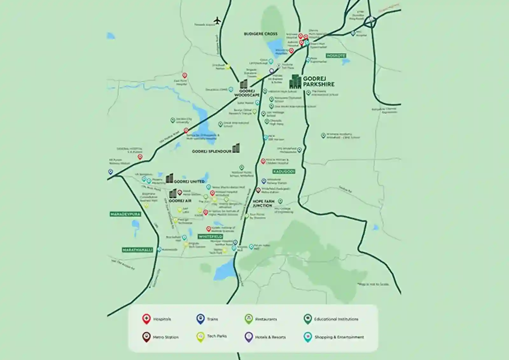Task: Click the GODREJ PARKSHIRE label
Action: coord(318,81)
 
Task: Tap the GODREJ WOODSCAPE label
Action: coord(247,93)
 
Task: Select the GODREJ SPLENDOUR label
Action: coord(212,152)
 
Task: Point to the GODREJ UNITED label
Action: coord(189,181)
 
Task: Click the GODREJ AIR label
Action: coord(180,201)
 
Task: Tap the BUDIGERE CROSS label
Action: coord(261,34)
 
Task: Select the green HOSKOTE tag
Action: coord(336,56)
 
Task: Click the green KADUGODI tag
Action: coord(284,172)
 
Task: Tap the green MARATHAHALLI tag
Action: coord(137,250)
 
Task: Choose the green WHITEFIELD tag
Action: coord(210,236)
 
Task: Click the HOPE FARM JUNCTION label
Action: coord(263,203)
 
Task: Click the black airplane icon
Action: coord(217,21)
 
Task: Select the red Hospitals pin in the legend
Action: coord(146,319)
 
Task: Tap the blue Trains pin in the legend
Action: coord(200,319)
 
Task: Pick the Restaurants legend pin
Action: coord(249,319)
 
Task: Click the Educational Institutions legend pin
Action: coord(307,319)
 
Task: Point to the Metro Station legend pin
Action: coord(146,337)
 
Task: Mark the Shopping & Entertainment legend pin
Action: coord(307,337)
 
